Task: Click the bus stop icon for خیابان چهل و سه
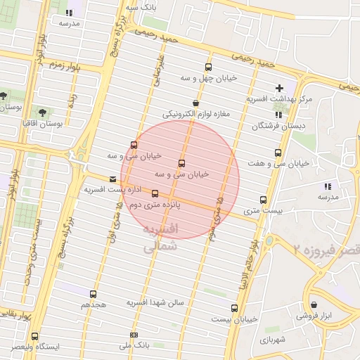coord(207,67)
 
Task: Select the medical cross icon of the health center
coord(281,88)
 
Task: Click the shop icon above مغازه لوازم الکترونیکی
coord(195,103)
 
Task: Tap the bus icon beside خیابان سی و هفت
coord(278,152)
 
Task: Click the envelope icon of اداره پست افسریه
coord(112,179)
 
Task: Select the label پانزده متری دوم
coord(154,205)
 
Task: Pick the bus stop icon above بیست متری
coord(263,200)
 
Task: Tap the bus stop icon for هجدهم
coord(93,295)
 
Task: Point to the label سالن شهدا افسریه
coord(155,302)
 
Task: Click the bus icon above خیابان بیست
coord(234,308)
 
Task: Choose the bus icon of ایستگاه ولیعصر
coord(34,337)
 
